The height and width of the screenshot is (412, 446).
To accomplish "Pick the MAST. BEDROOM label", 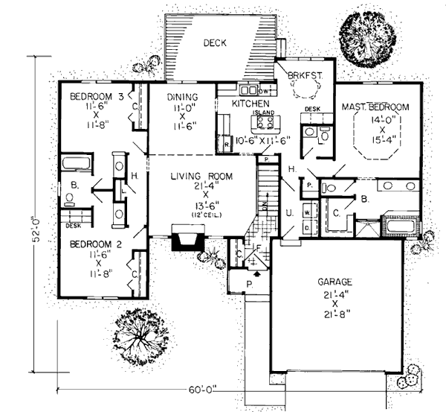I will [x=375, y=108].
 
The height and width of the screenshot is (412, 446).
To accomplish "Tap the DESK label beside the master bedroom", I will [x=313, y=110].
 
